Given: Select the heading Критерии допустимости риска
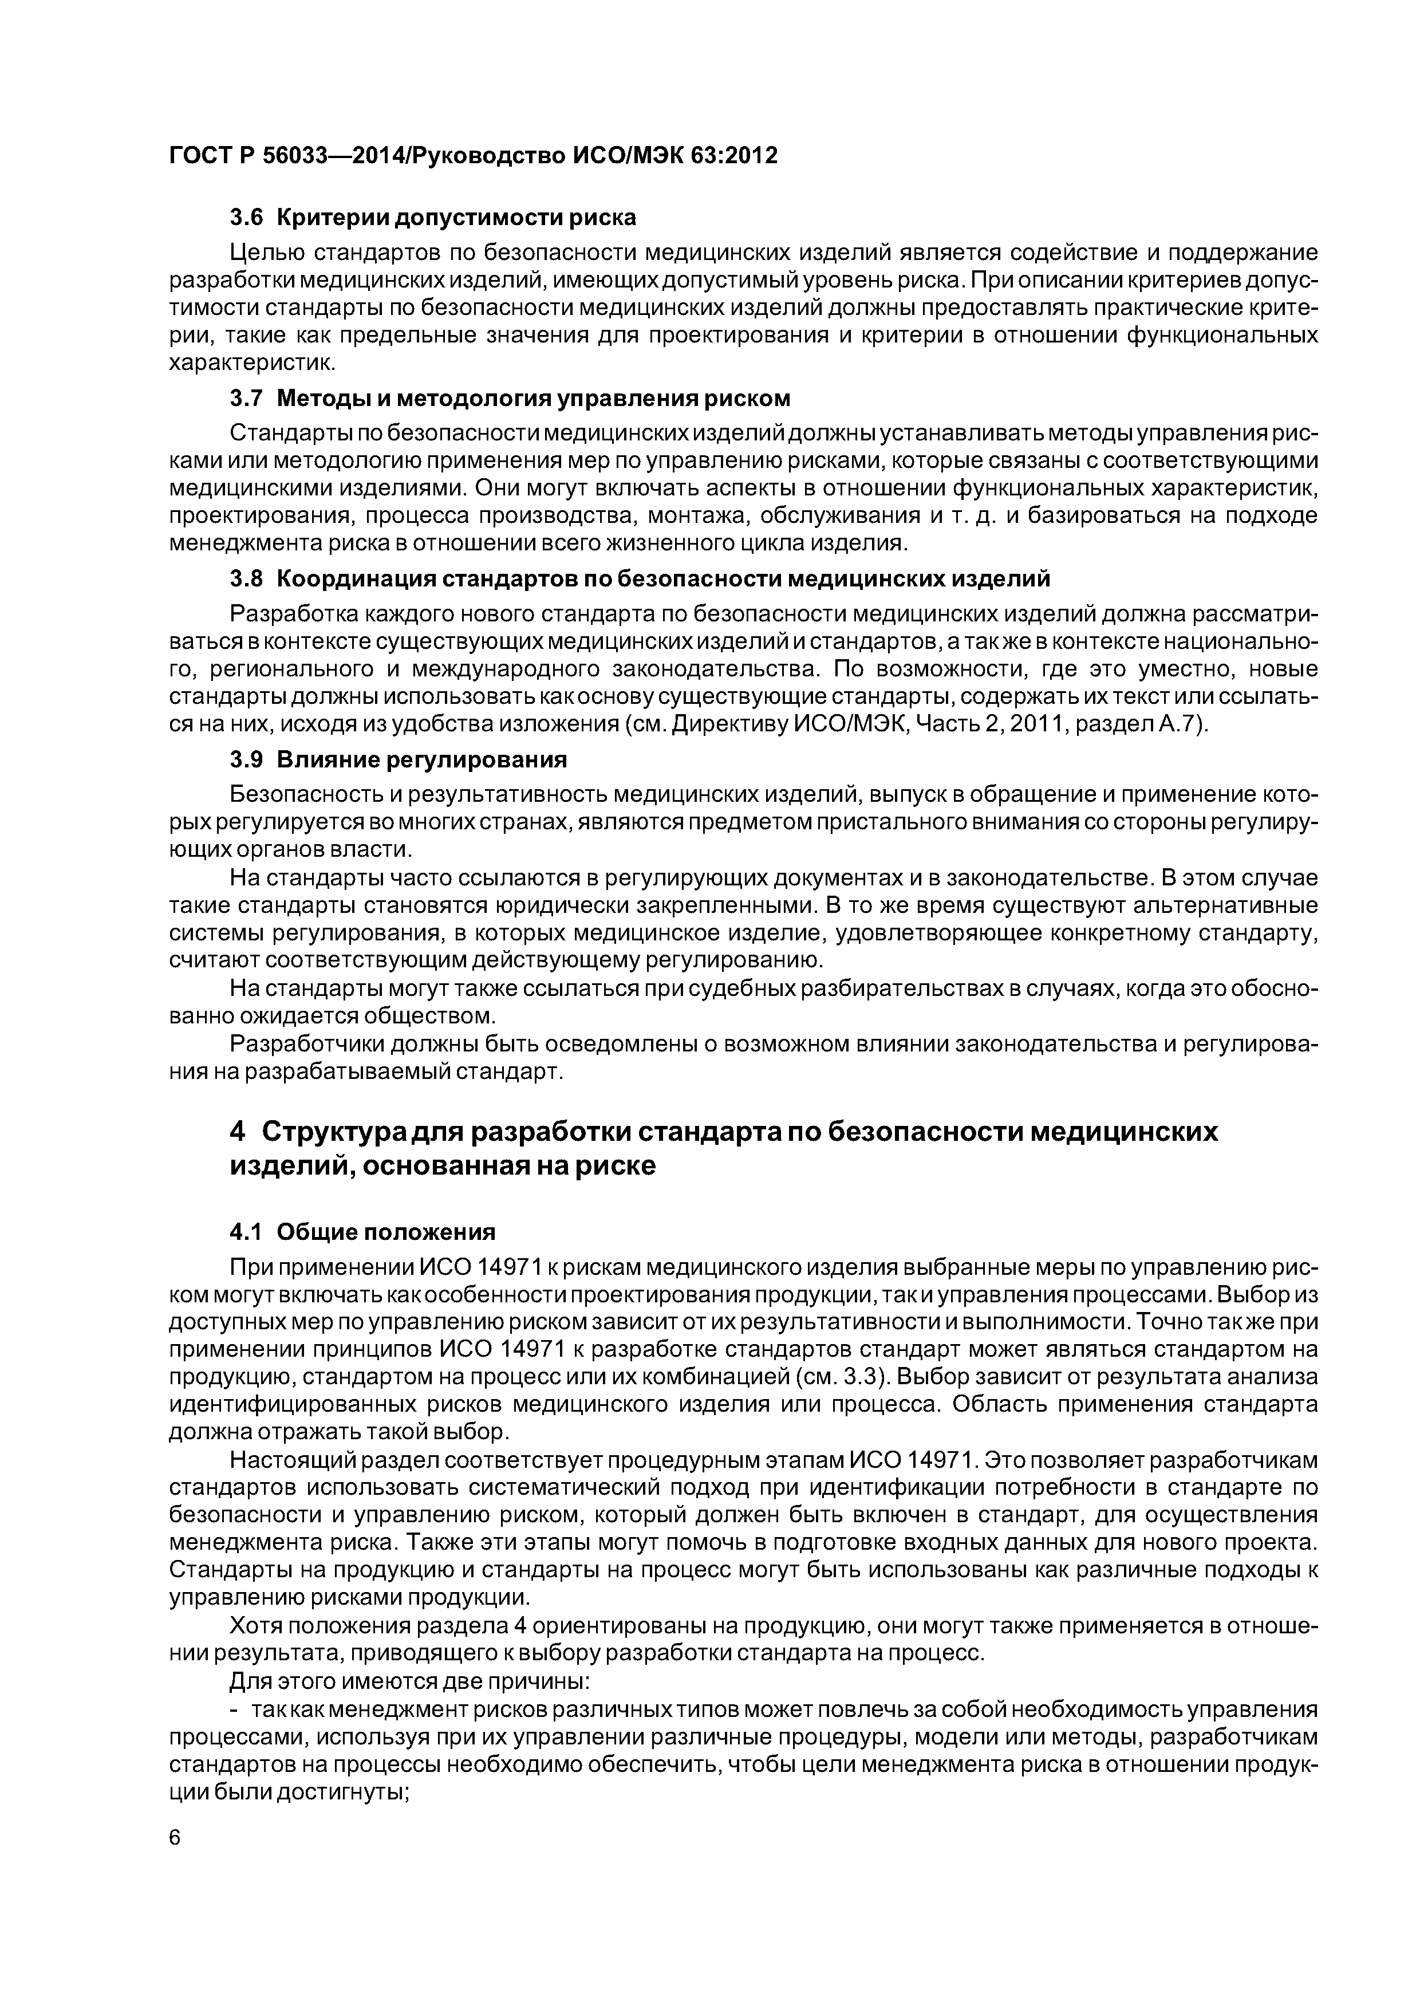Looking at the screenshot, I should click(457, 217).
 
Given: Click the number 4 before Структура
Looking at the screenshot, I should click(236, 1132).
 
